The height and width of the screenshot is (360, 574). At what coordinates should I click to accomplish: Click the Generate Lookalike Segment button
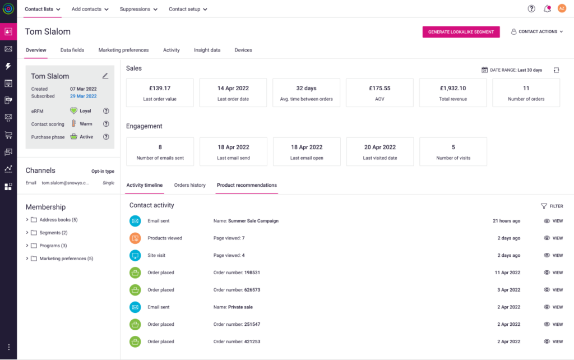click(461, 32)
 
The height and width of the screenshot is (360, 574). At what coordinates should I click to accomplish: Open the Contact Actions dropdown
click(537, 32)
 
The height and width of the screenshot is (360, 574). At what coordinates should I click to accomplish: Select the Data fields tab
click(72, 50)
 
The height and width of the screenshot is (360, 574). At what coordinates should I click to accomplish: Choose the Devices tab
click(243, 50)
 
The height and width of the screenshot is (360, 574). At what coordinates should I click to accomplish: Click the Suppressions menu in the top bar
click(138, 9)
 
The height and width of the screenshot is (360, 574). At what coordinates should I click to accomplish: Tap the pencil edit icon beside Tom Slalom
click(105, 76)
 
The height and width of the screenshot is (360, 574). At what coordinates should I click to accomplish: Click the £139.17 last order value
click(160, 88)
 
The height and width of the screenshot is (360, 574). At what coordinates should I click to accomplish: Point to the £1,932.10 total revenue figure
click(453, 88)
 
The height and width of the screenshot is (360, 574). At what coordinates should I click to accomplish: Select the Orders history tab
click(190, 185)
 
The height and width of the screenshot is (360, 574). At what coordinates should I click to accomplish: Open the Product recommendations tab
click(247, 185)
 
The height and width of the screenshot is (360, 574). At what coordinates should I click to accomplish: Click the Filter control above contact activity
click(552, 206)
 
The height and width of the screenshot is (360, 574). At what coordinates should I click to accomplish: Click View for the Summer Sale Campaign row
click(553, 221)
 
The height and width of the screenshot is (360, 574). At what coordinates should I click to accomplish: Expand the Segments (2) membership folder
click(27, 233)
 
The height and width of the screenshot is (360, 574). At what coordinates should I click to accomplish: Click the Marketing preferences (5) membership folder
click(66, 259)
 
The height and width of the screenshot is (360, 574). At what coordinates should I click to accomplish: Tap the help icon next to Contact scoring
click(106, 124)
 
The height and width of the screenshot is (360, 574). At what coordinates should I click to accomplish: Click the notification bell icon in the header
click(547, 8)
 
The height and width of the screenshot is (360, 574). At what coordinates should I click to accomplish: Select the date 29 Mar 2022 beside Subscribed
click(84, 96)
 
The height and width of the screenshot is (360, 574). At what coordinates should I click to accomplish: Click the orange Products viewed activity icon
click(135, 238)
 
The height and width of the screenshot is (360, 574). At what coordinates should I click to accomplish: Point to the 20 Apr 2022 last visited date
click(380, 147)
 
